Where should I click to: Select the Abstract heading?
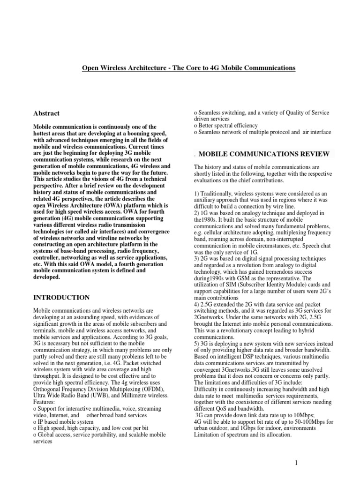coord(46,113)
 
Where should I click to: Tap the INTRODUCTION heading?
coord(61,297)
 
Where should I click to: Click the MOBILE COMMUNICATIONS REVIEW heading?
coord(265,154)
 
